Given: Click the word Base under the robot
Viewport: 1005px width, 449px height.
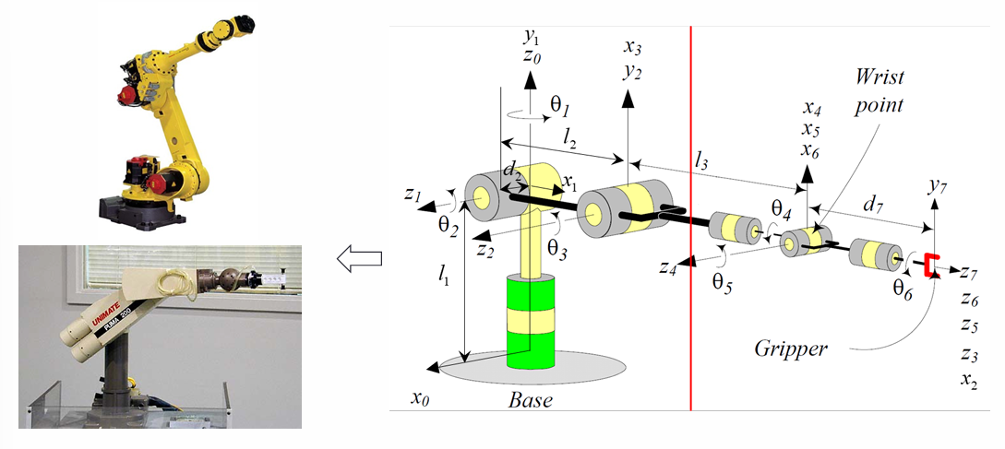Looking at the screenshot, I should tap(531, 402).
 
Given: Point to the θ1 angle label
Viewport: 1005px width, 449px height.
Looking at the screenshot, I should tap(561, 106).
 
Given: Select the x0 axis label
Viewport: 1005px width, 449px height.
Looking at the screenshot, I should tap(421, 398).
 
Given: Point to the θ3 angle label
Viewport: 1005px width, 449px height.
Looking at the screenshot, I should tap(557, 247).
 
